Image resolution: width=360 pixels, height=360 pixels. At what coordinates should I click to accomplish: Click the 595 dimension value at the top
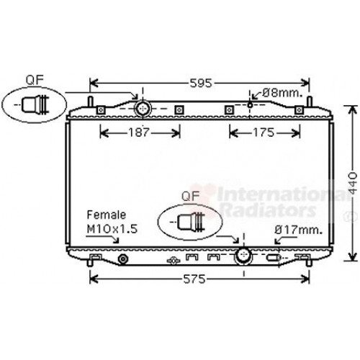(201, 84)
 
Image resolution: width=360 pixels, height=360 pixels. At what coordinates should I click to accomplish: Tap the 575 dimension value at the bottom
(194, 279)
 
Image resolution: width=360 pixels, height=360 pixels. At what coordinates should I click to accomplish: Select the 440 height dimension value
(353, 183)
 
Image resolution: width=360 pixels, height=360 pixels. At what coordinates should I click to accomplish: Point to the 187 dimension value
(139, 132)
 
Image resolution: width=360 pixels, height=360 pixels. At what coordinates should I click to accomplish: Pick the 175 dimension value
(264, 132)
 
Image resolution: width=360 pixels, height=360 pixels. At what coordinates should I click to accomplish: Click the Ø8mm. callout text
(282, 93)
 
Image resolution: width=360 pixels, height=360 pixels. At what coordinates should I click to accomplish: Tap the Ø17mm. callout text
(298, 230)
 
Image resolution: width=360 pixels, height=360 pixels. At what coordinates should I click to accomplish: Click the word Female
(106, 215)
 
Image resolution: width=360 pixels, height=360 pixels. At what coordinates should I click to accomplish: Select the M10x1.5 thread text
(112, 229)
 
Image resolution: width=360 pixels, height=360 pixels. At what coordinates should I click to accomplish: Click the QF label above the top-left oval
(35, 80)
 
